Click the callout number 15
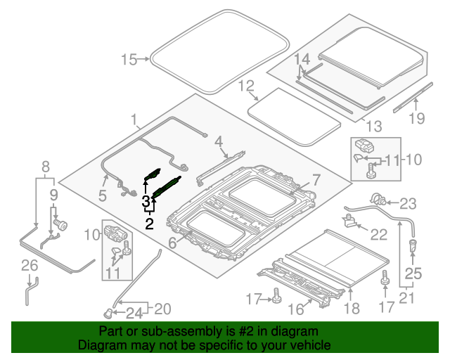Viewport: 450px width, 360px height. [130, 60]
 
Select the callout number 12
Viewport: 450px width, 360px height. [245, 86]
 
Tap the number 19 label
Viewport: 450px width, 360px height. [417, 118]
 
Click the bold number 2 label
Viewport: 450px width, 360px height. [149, 224]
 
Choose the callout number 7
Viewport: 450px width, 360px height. [316, 179]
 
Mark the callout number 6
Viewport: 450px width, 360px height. [172, 244]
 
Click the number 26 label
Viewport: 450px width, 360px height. [28, 265]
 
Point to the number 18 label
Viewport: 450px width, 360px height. [352, 307]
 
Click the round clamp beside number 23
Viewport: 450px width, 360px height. [376, 199]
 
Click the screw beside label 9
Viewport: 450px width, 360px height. [60, 226]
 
